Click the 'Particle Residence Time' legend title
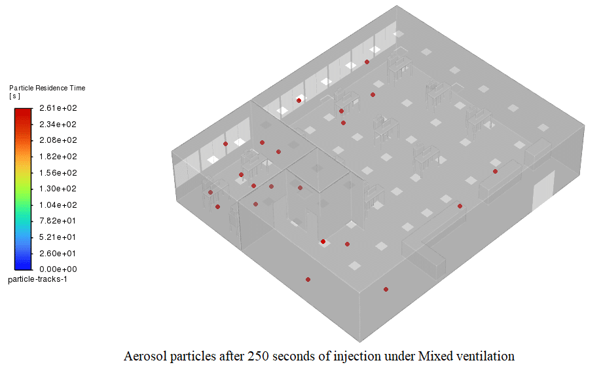point(46,88)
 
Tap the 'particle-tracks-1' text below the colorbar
point(37,279)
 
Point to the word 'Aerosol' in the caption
point(143,357)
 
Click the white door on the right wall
point(543,191)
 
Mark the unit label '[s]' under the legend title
point(14,96)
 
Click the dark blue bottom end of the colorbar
point(23,265)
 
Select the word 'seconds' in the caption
point(292,357)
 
